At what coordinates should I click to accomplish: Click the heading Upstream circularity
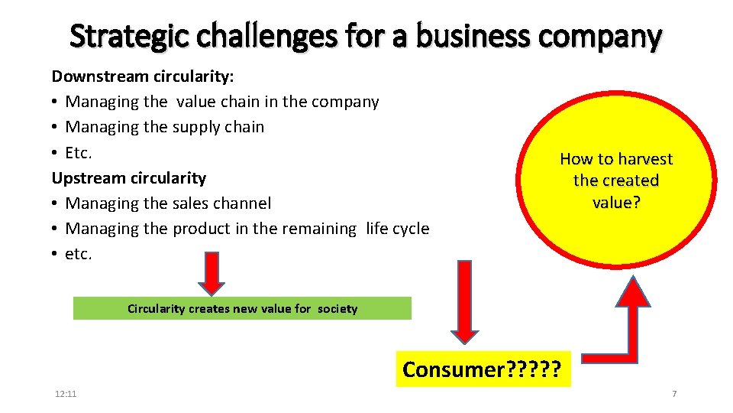pos(128,177)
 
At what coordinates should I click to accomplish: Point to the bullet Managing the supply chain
pos(164,127)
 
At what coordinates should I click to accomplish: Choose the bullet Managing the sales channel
pos(168,203)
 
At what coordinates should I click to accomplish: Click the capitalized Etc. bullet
pos(78,152)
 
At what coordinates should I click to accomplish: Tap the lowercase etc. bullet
pos(78,253)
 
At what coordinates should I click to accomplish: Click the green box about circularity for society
pos(242,308)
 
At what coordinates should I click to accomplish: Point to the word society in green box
pos(338,308)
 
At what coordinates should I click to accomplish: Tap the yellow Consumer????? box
pos(483,369)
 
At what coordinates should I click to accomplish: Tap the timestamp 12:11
pos(66,393)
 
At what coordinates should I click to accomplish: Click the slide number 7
pos(674,393)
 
